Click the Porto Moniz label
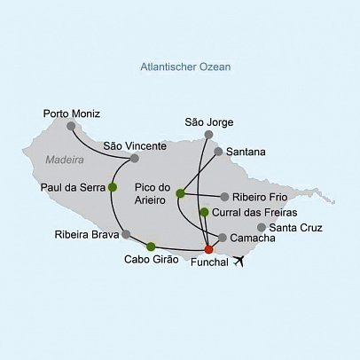[x=71, y=113]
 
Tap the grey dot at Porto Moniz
[x=71, y=126]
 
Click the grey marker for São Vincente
[x=134, y=159]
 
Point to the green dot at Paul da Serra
[x=112, y=187]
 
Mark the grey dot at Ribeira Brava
[x=126, y=235]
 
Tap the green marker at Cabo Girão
[x=151, y=247]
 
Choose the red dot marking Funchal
[x=208, y=250]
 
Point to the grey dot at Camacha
[x=222, y=238]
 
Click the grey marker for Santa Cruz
[x=261, y=227]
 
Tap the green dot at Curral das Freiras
[x=204, y=212]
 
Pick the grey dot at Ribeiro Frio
[x=224, y=197]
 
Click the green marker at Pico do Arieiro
[x=180, y=193]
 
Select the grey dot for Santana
[x=218, y=152]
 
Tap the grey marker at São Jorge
[x=208, y=135]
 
